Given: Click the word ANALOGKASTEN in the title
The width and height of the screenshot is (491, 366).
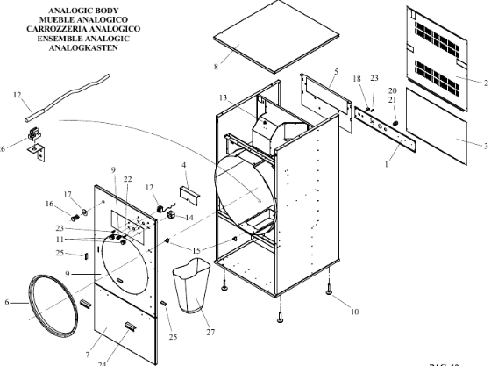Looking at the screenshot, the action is click(83, 48).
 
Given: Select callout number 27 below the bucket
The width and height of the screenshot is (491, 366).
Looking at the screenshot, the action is click(210, 332).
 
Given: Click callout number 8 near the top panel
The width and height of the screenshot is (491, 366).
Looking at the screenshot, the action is click(216, 67).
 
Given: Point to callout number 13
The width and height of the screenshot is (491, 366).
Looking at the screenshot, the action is click(223, 97).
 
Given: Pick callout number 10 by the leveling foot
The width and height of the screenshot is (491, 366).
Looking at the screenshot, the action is click(354, 312).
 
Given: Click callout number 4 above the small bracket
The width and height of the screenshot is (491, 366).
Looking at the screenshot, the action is click(184, 165).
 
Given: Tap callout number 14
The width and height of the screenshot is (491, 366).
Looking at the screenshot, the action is click(189, 218).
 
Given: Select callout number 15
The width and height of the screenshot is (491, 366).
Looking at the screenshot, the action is click(196, 251).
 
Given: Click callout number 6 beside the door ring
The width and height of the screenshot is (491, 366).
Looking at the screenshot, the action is click(7, 303).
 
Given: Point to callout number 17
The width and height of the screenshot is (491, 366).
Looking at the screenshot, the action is click(68, 195).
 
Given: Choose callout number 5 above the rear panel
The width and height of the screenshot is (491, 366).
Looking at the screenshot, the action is click(336, 71).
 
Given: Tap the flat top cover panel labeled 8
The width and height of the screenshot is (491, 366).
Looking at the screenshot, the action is click(277, 37).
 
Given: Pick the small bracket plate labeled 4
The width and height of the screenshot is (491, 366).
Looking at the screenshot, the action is click(189, 196).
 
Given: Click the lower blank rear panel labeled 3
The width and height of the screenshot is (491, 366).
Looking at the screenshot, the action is click(437, 126).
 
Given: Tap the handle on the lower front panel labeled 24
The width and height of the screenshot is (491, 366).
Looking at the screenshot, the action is click(131, 326).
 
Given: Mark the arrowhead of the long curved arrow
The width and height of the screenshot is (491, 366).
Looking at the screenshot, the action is click(259, 200).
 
